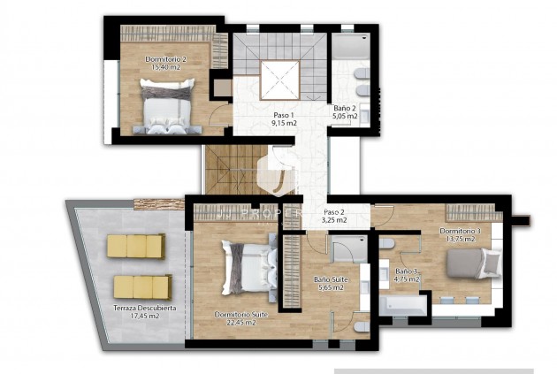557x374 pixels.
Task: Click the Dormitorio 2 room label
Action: tap(165, 59)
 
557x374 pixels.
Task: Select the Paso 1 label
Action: tap(284, 116)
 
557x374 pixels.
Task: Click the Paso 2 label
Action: tap(334, 212)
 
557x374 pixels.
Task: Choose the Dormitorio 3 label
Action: tap(460, 232)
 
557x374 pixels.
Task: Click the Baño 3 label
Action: tap(407, 271)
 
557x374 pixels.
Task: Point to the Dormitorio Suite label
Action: tap(235, 314)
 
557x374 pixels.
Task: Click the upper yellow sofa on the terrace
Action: tap(137, 246)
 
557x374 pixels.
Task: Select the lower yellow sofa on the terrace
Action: tap(141, 286)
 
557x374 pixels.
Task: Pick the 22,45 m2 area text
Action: tap(235, 323)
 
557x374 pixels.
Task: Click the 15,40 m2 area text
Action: tap(165, 67)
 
